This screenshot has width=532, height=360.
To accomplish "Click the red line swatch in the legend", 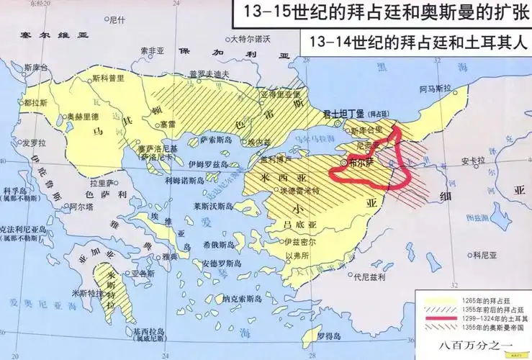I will point(436,317).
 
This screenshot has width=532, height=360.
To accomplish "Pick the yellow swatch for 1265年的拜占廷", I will point(436,299).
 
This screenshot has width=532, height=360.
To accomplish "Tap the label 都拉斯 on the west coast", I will point(34,103).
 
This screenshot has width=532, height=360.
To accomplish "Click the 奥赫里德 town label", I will point(81,116).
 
